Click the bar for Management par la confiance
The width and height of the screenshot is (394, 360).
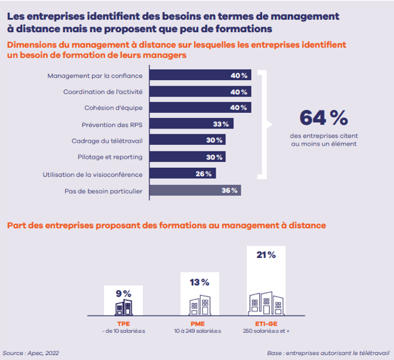201,75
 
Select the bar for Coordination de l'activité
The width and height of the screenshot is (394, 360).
201,91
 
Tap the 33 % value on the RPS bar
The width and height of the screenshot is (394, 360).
221,124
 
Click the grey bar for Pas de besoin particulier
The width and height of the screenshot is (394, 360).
196,190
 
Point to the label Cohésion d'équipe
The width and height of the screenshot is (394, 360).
113,108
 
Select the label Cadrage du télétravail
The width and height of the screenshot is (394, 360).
107,141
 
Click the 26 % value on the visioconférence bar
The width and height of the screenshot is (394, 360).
203,174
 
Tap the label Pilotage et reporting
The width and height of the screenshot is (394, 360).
110,157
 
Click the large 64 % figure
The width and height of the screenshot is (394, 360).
323,118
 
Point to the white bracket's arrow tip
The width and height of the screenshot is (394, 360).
272,124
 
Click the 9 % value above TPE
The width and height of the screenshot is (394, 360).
123,294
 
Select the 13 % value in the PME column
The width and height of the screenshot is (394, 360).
200,282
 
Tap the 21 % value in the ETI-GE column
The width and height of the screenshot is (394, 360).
266,255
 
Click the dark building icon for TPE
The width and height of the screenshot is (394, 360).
123,307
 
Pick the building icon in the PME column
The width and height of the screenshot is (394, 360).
200,305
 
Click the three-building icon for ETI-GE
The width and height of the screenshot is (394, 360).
266,304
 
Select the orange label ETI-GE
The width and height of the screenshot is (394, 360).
266,324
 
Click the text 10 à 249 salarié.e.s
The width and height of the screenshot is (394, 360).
198,331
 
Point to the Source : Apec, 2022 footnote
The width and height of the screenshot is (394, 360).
31,353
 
